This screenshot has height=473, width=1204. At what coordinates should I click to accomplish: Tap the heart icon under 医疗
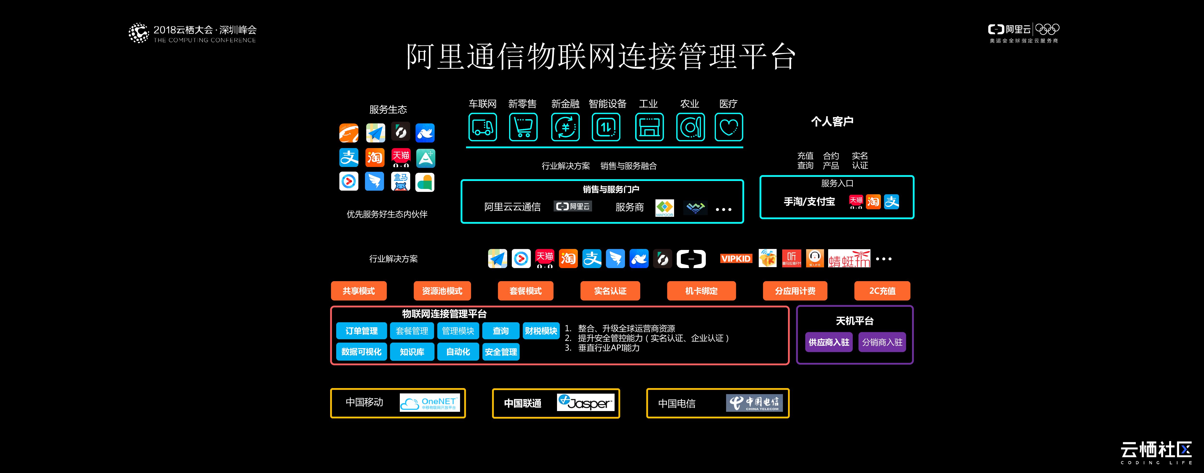(728, 127)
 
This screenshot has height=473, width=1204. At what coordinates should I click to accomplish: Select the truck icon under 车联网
(482, 127)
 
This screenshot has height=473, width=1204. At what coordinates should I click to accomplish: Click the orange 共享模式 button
(358, 291)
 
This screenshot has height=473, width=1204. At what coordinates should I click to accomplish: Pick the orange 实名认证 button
(610, 291)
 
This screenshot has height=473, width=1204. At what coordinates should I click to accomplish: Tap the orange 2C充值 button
(882, 291)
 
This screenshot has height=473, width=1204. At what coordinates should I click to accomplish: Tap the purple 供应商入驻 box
(829, 342)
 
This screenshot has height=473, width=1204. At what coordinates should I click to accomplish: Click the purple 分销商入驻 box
(882, 342)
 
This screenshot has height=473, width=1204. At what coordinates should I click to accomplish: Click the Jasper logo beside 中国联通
(585, 402)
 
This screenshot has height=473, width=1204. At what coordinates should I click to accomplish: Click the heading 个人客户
(832, 121)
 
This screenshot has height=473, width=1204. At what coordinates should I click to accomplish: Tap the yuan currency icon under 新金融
(565, 127)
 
